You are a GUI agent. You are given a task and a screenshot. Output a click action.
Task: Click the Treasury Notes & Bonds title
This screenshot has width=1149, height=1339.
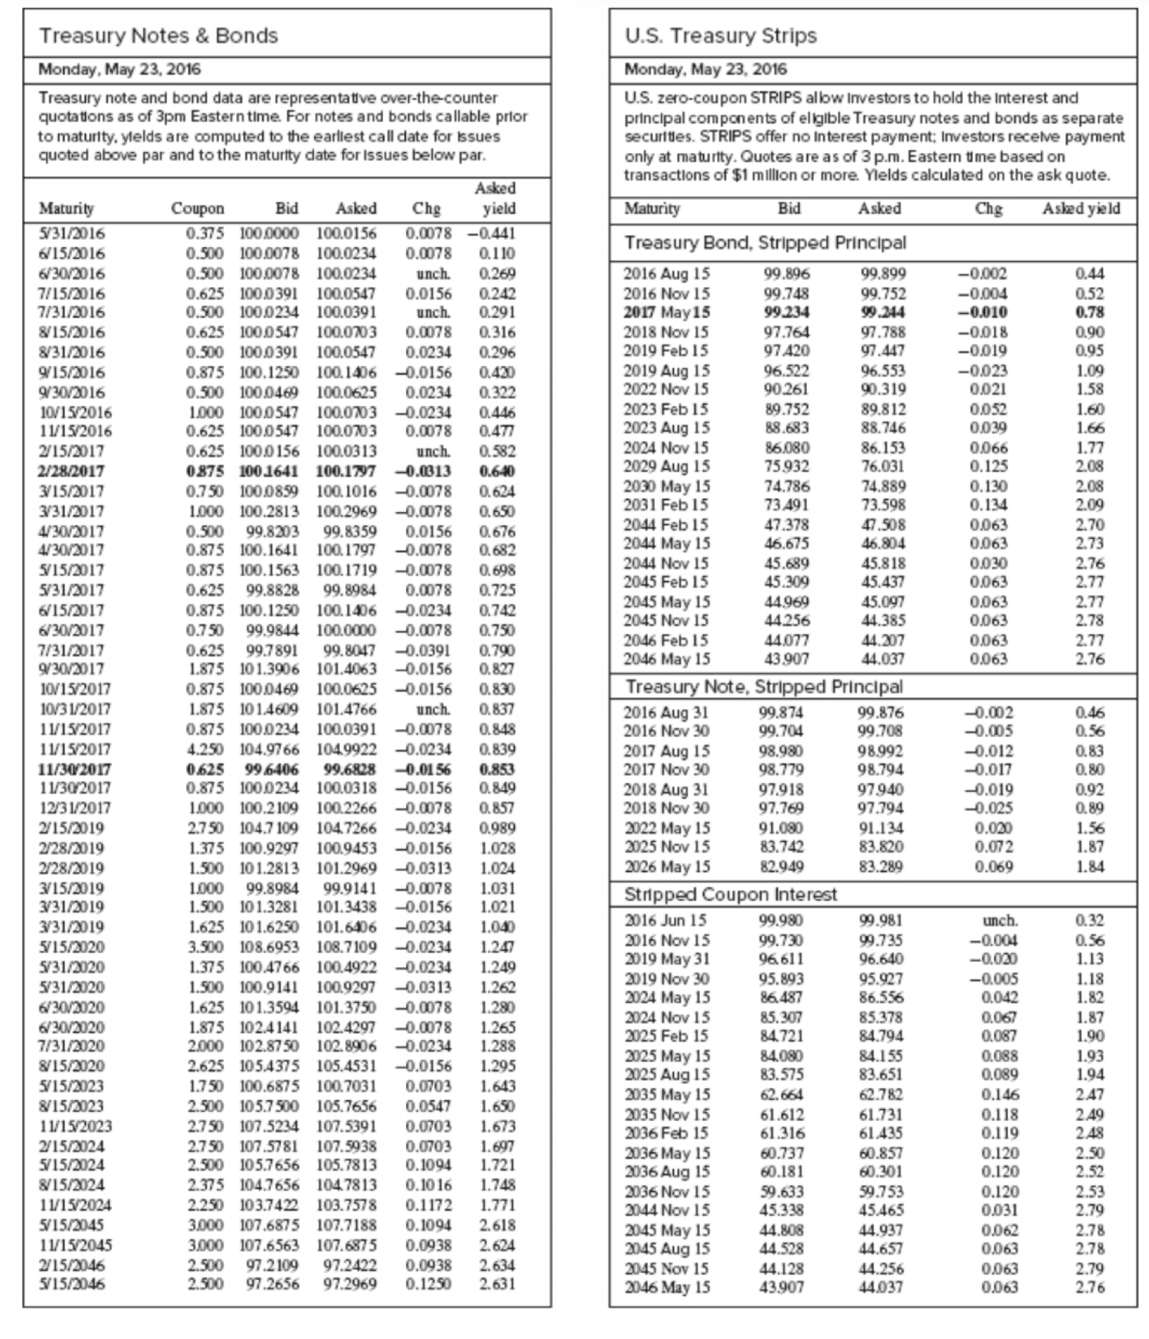(158, 36)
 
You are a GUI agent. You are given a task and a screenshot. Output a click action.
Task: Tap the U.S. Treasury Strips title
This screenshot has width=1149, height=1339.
(720, 36)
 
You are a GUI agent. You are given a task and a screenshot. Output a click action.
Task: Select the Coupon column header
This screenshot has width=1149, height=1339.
(197, 209)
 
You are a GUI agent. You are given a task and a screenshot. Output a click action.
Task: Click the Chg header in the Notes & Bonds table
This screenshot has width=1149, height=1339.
(426, 209)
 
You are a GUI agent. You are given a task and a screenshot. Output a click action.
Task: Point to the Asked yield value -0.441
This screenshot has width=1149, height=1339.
(491, 233)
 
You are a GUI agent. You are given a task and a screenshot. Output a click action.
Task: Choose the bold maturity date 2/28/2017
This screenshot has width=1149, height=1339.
(71, 471)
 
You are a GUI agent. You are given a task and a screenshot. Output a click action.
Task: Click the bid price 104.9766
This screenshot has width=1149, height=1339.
(269, 749)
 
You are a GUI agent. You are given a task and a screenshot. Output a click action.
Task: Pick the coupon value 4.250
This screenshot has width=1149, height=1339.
(205, 749)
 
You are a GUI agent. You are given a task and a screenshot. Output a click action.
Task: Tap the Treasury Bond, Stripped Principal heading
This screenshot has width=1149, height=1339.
(765, 243)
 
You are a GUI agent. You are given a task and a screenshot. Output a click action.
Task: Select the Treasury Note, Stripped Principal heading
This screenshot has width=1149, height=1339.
(764, 687)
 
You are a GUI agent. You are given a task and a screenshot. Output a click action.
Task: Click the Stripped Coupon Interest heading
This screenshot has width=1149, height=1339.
(730, 894)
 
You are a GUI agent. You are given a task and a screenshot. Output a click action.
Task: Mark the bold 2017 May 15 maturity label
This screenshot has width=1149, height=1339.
(666, 312)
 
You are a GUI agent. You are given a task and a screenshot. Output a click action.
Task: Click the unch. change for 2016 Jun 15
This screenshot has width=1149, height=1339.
(1000, 920)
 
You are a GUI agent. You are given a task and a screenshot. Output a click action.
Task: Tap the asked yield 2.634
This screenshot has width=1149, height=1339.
(497, 1265)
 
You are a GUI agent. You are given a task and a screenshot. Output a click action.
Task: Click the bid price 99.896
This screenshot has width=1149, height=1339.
(787, 273)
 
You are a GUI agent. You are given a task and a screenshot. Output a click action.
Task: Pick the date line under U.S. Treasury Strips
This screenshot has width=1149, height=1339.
(705, 70)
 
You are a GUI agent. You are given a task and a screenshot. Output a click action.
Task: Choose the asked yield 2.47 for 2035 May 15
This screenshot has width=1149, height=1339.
(1090, 1094)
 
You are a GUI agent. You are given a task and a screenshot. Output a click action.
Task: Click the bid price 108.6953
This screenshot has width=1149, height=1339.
(269, 947)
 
